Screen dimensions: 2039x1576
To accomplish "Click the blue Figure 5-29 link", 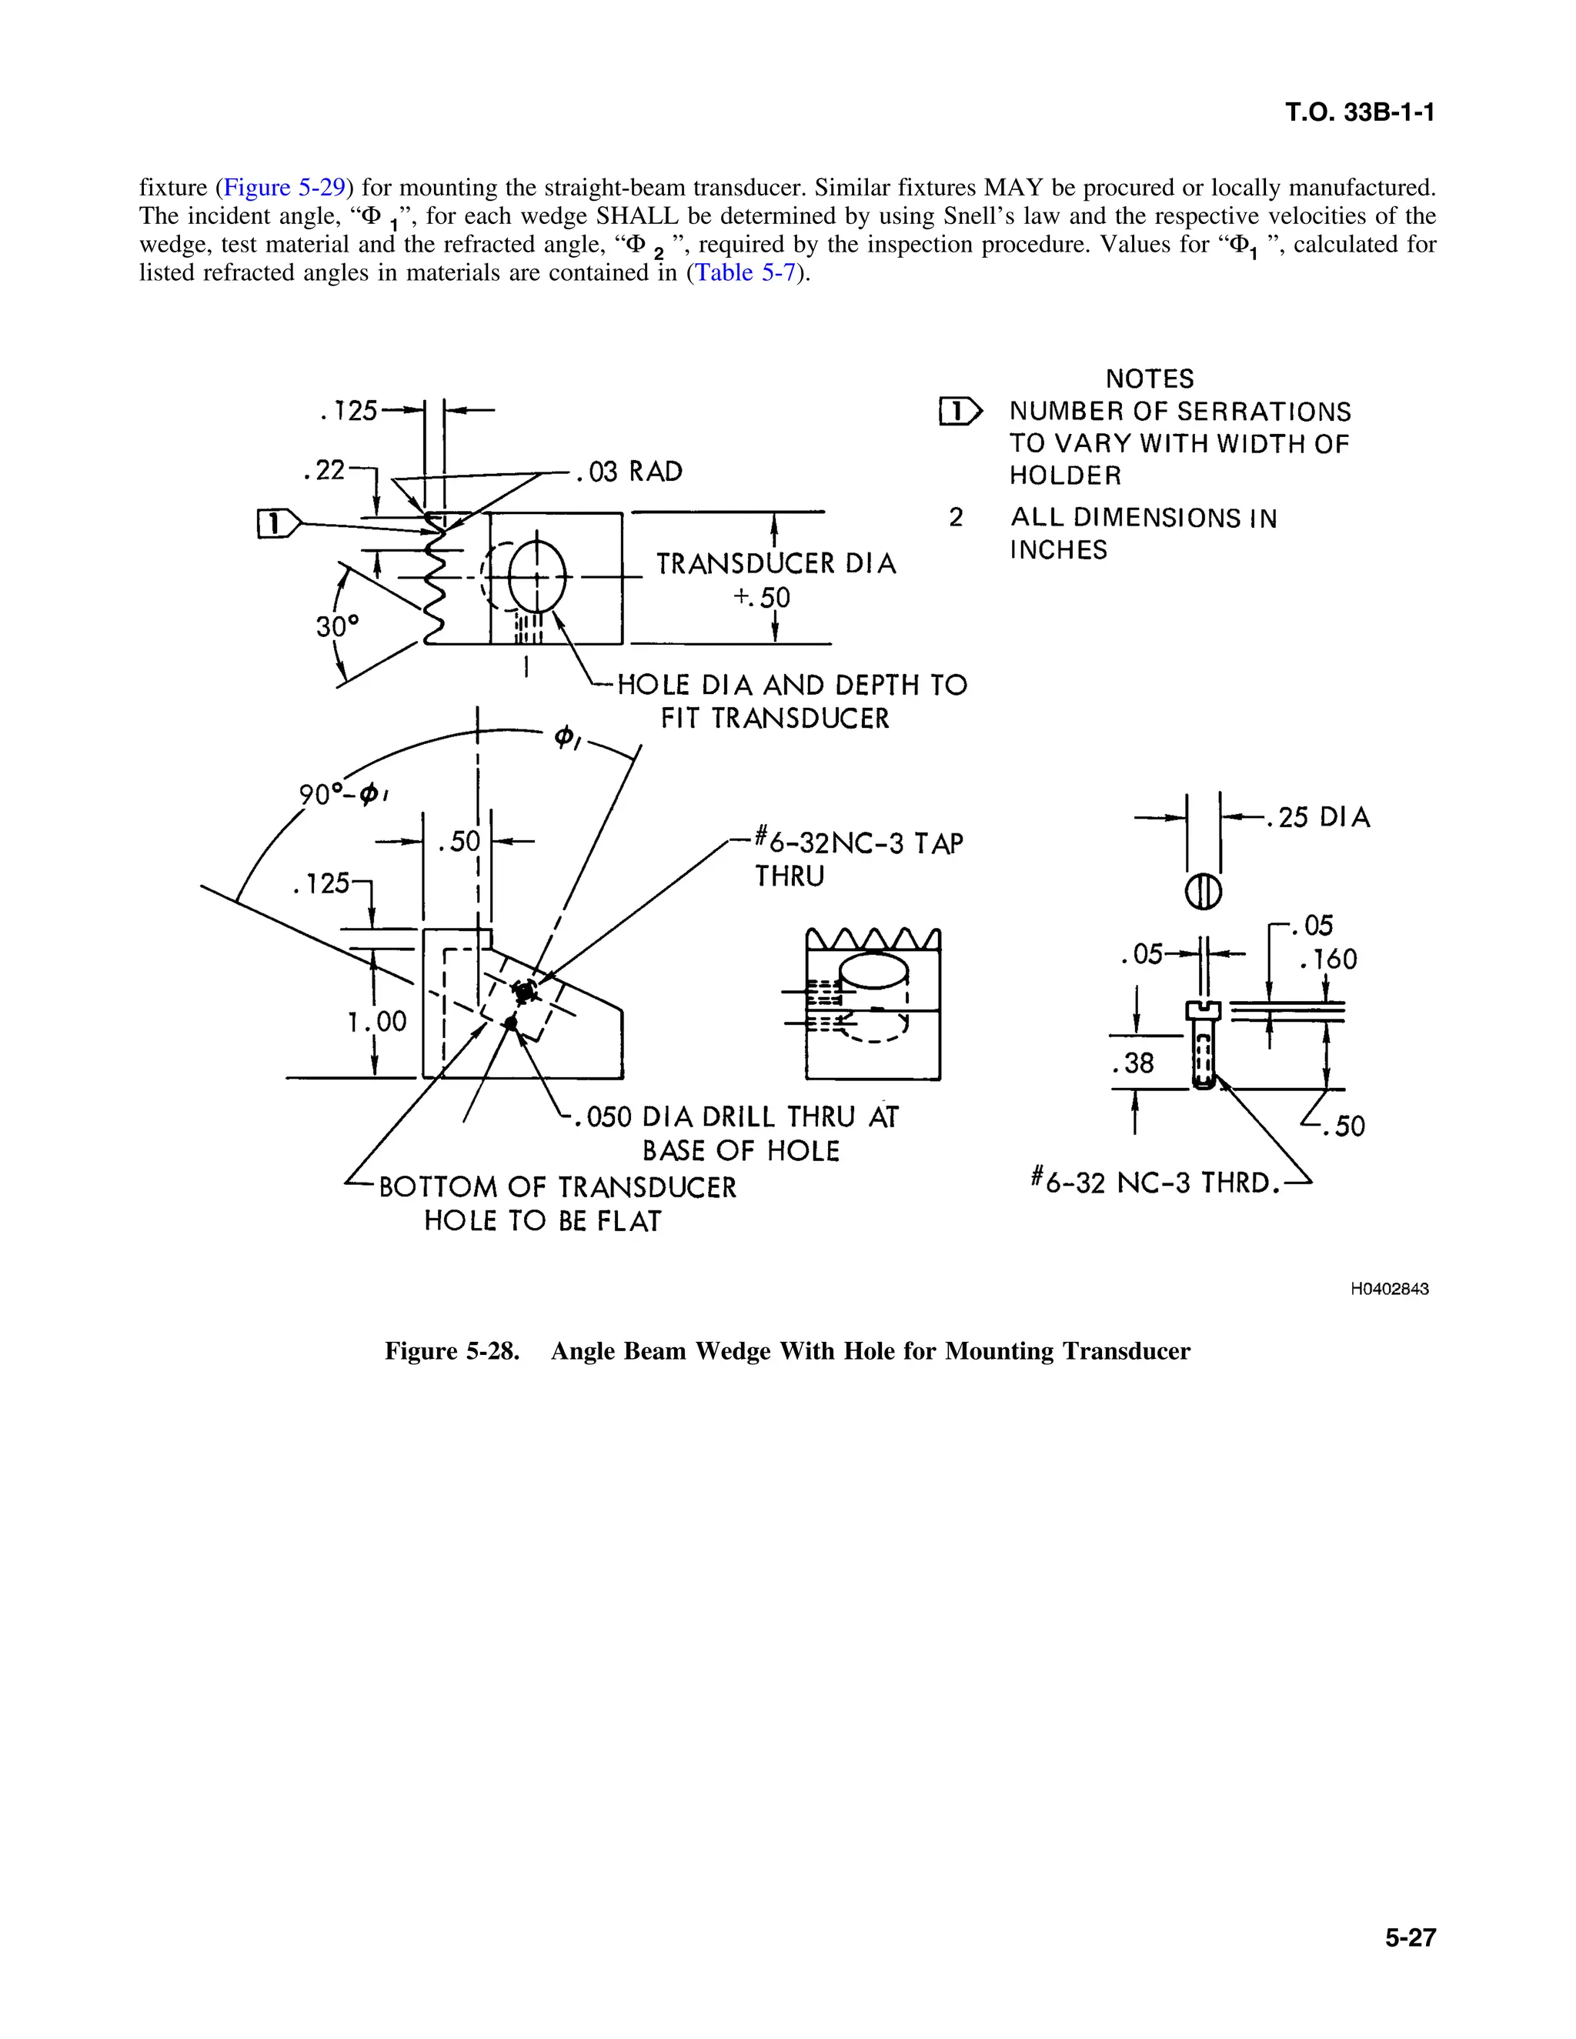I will [x=284, y=188].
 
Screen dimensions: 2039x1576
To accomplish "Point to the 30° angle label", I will [x=337, y=626].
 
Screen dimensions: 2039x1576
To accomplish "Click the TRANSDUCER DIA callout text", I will [x=775, y=564].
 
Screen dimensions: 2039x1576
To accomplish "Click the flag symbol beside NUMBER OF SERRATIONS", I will [x=960, y=411].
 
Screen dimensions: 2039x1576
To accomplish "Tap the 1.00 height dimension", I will [x=377, y=1021].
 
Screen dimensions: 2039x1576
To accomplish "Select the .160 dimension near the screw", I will [x=1327, y=959].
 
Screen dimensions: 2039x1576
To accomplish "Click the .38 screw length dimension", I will [x=1133, y=1063].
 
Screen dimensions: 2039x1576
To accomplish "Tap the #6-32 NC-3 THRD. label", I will [x=1154, y=1183].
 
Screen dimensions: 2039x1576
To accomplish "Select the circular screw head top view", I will [x=1203, y=892].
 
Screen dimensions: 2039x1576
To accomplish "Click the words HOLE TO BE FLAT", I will [x=542, y=1221].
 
